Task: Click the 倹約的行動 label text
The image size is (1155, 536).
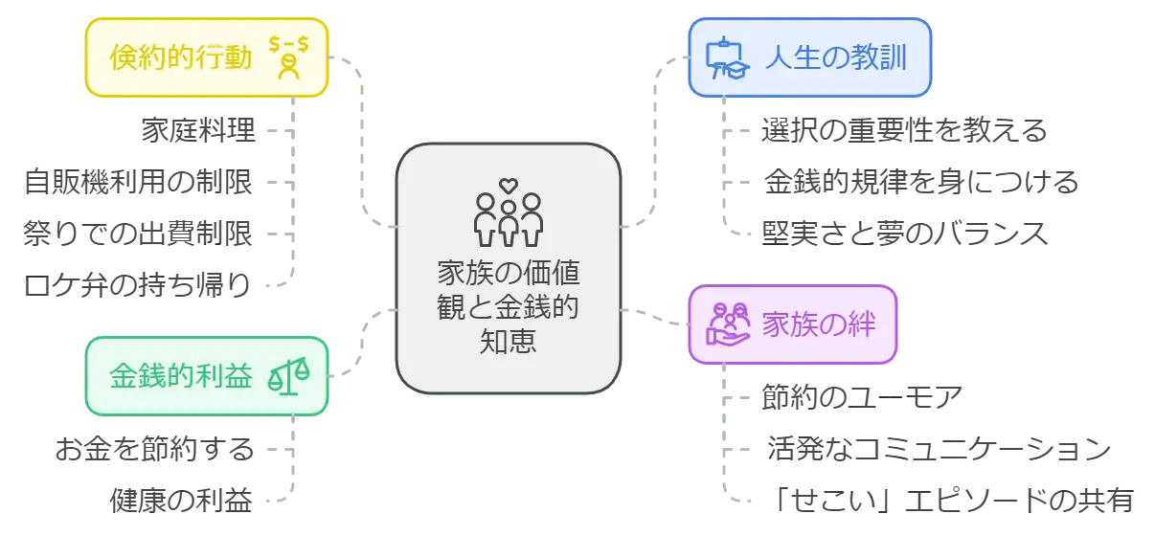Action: [x=181, y=58]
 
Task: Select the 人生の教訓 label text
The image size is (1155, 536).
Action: [x=836, y=57]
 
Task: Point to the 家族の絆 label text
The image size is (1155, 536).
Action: [x=819, y=324]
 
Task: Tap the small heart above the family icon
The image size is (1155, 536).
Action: [x=509, y=184]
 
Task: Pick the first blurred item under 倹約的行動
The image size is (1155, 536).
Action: [x=199, y=129]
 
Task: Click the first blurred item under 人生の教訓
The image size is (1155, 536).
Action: [x=902, y=129]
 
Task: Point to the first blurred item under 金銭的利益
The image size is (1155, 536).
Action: [x=156, y=449]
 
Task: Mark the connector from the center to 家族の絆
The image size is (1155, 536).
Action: [x=657, y=317]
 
